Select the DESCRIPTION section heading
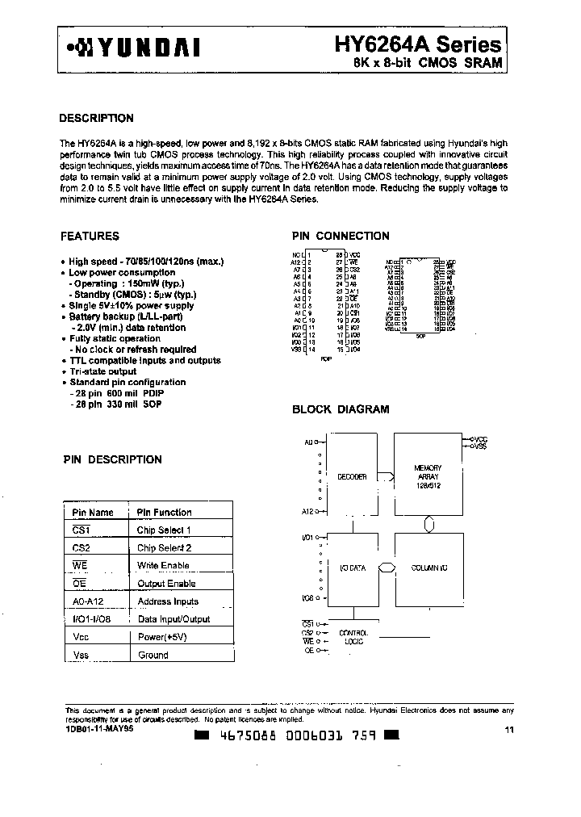click(97, 118)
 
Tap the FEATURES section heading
click(90, 237)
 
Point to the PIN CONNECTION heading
click(340, 237)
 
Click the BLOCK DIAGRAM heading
click(340, 409)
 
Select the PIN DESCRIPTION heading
click(112, 459)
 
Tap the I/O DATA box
click(352, 568)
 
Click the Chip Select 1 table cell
click(163, 530)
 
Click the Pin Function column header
click(164, 512)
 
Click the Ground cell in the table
click(153, 655)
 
